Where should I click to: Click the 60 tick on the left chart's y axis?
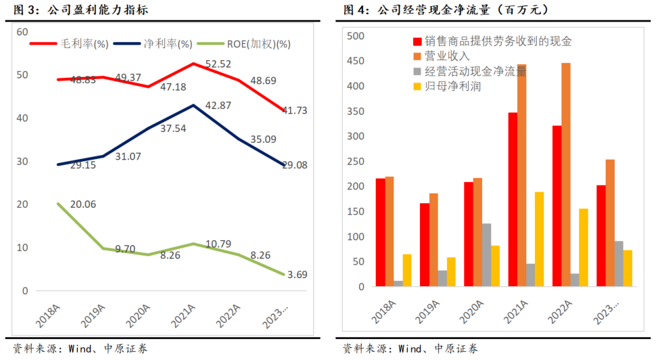coord(22,32)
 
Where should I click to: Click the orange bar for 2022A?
coord(566,175)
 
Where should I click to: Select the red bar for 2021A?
coord(513,200)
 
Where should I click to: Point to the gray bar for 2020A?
coord(486,255)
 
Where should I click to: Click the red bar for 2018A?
coord(381,233)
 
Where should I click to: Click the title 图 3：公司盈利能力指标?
coord(76,10)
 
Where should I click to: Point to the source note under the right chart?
coord(410,348)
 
